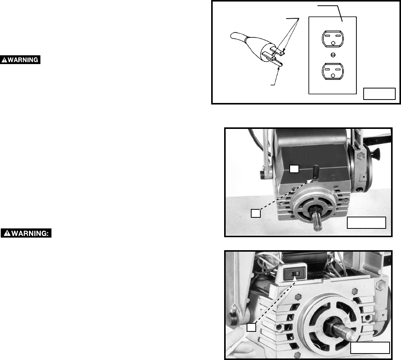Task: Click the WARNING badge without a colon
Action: pyautogui.click(x=20, y=59)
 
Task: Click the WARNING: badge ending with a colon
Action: pyautogui.click(x=26, y=233)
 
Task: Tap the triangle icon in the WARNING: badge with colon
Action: pyautogui.click(x=7, y=233)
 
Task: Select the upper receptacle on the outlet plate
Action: pyautogui.click(x=333, y=39)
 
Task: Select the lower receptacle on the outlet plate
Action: pyautogui.click(x=333, y=71)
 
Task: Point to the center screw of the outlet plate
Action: pyautogui.click(x=333, y=55)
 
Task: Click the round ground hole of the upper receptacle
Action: pyautogui.click(x=333, y=43)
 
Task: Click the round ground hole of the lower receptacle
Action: pyautogui.click(x=333, y=75)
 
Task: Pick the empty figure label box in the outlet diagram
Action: pyautogui.click(x=380, y=94)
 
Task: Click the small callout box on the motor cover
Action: pyautogui.click(x=294, y=169)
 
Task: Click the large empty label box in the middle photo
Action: pyautogui.click(x=366, y=223)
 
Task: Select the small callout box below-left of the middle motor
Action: pyautogui.click(x=255, y=214)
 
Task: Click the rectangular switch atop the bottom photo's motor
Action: pyautogui.click(x=295, y=273)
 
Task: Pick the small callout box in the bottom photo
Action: pyautogui.click(x=252, y=328)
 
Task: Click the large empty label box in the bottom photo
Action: pyautogui.click(x=370, y=348)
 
